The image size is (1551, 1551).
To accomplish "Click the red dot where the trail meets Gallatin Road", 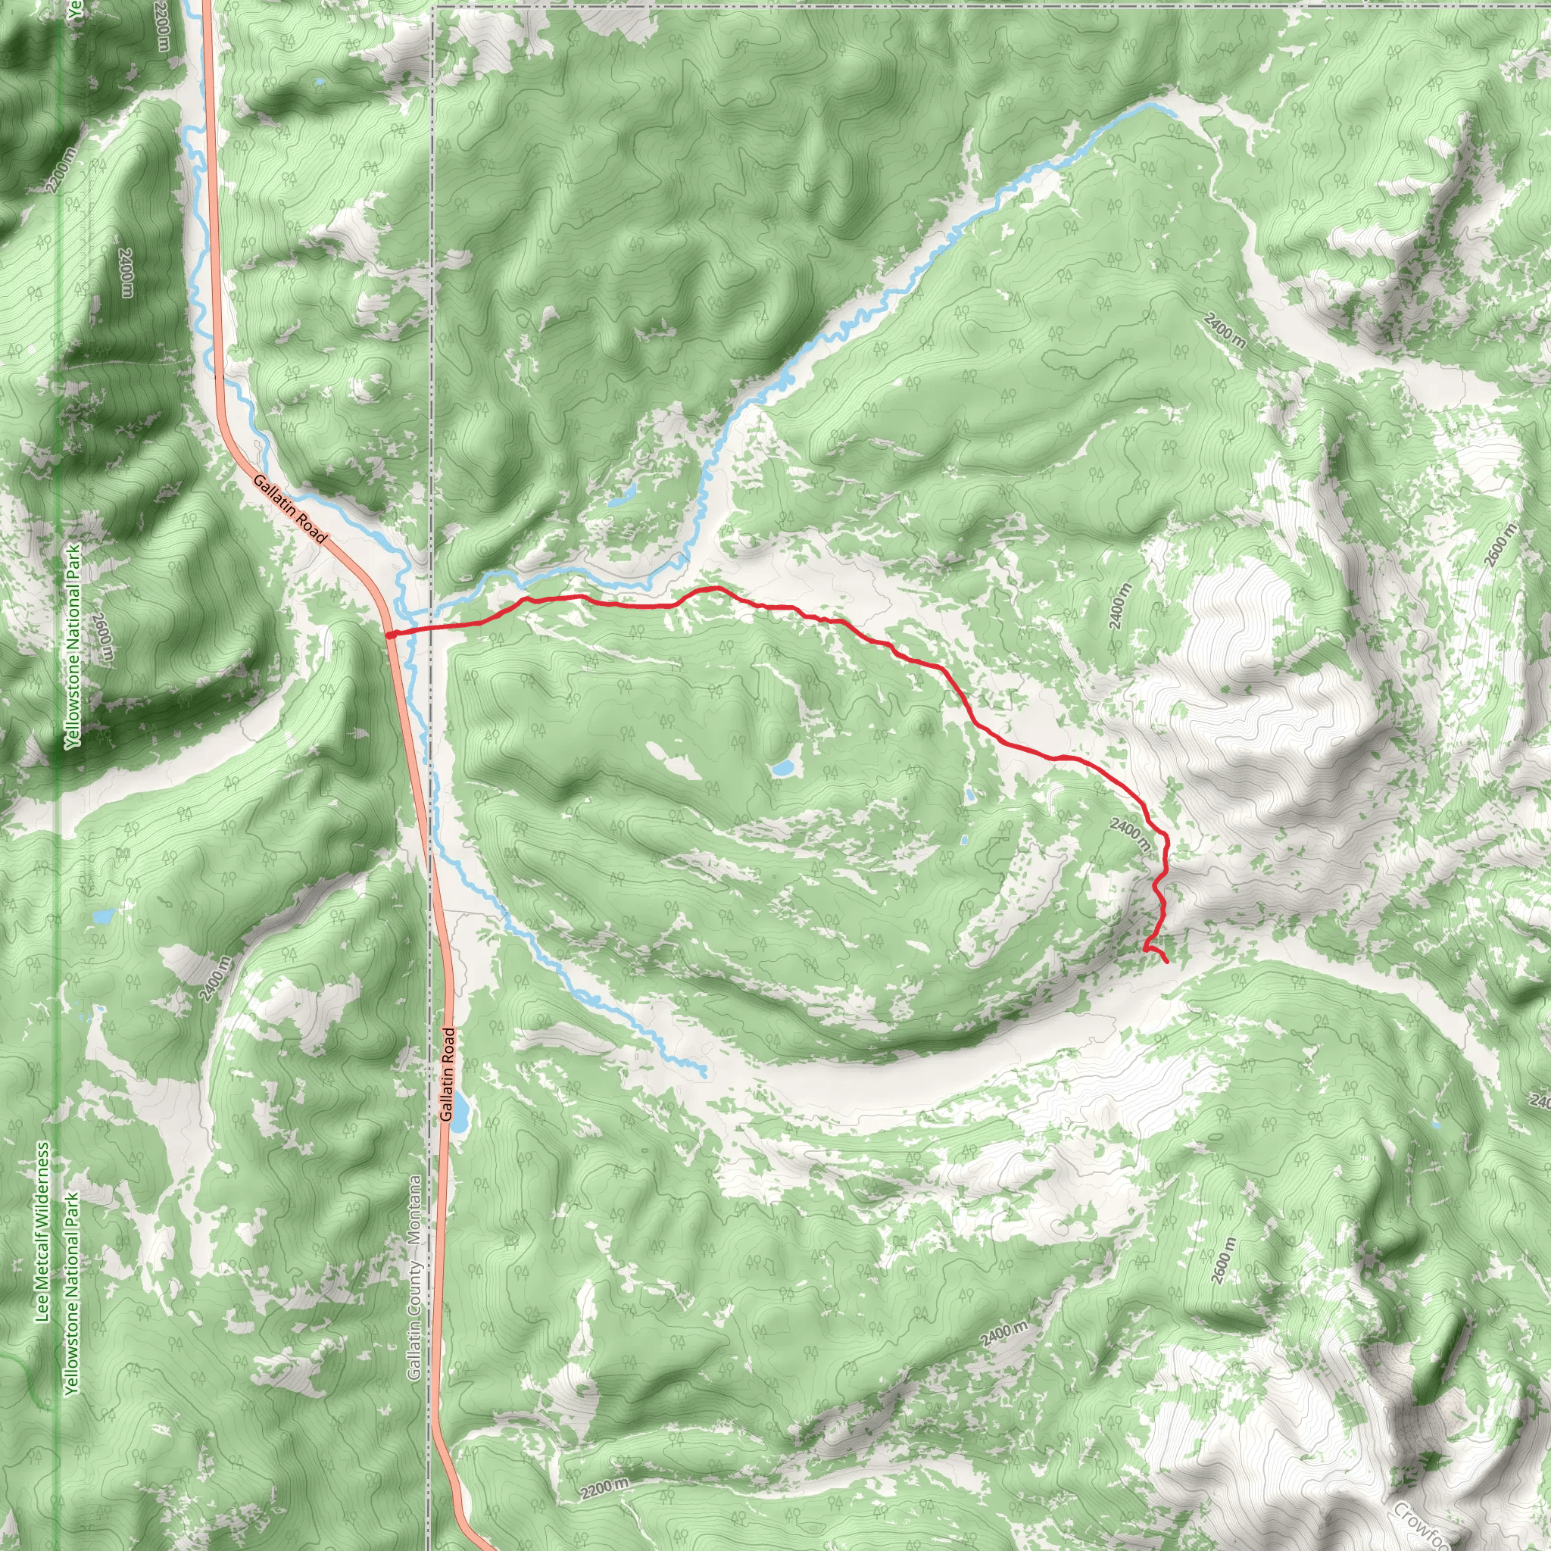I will point(389,635).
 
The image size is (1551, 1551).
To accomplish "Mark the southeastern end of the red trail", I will point(1166,961).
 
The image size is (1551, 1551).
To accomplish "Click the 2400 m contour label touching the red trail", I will point(1131,833).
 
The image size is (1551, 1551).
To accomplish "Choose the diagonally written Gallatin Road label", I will point(290,508).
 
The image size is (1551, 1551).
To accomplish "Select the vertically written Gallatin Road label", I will point(447,1074).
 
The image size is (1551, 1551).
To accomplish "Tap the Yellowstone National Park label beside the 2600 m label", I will point(74,646).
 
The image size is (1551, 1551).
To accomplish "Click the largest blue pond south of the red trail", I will point(783,768).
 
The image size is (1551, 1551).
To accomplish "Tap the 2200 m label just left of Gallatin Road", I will point(163,24).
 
